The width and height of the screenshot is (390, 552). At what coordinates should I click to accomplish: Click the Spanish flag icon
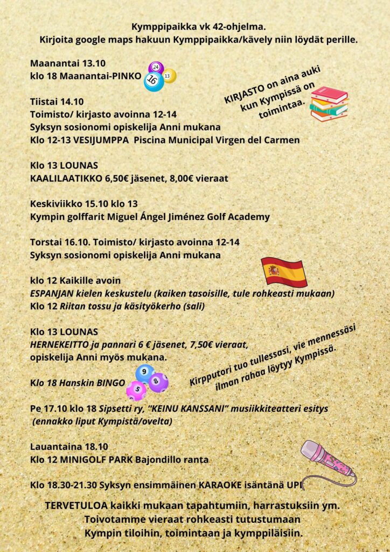pyautogui.click(x=284, y=272)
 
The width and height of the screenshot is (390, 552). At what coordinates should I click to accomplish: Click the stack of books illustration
pyautogui.click(x=329, y=103)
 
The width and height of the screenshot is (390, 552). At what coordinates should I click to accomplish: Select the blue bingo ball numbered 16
pyautogui.click(x=154, y=81)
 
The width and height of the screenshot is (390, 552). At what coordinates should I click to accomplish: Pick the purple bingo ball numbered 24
pyautogui.click(x=156, y=68)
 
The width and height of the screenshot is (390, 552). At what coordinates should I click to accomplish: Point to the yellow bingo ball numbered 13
pyautogui.click(x=169, y=76)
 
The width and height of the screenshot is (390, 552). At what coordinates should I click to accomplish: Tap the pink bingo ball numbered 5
pyautogui.click(x=136, y=390)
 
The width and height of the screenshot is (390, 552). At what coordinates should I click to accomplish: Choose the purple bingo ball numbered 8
pyautogui.click(x=158, y=382)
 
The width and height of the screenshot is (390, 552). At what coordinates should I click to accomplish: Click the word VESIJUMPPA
pyautogui.click(x=99, y=140)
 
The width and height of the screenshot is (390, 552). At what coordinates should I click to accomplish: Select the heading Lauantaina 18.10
pyautogui.click(x=69, y=446)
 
